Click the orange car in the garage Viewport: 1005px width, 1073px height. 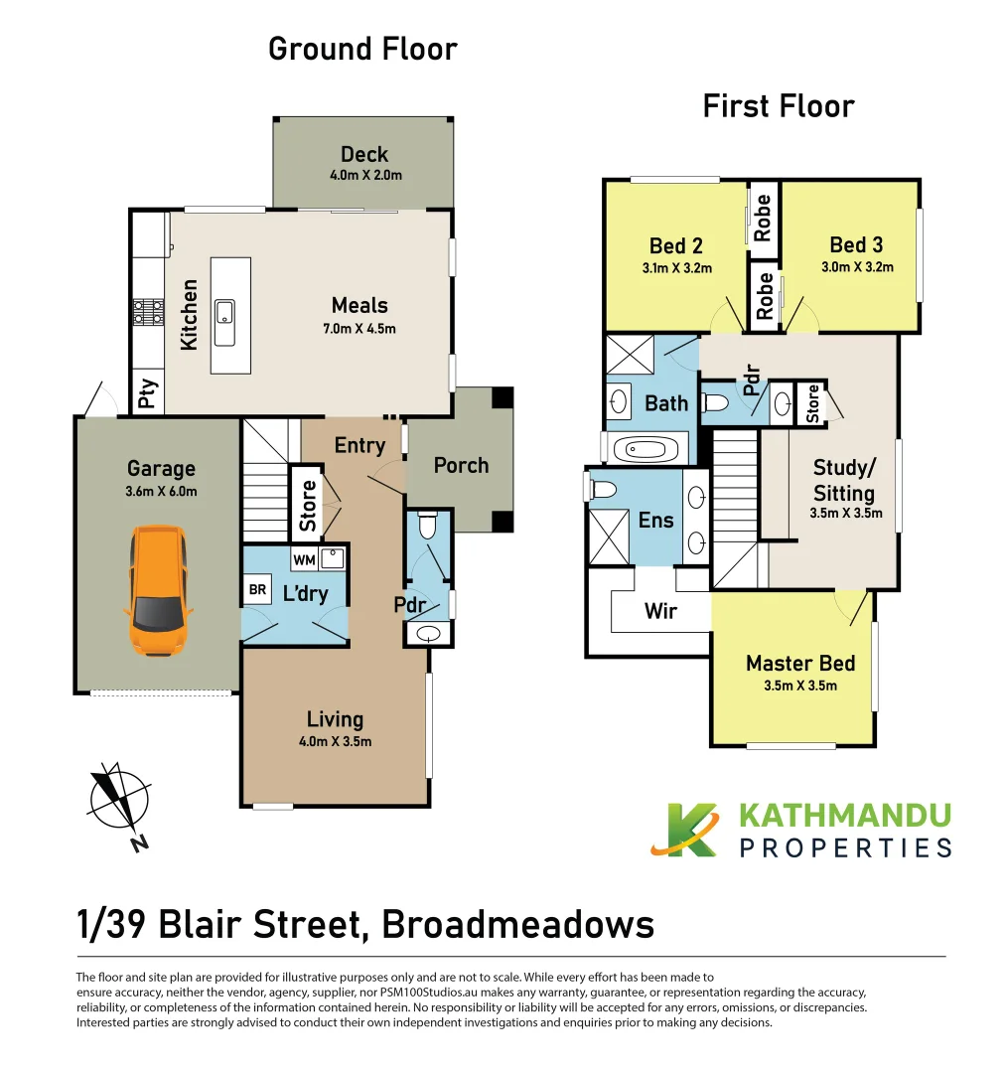(158, 590)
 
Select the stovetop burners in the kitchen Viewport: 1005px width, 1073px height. (148, 312)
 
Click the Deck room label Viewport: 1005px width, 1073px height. (364, 155)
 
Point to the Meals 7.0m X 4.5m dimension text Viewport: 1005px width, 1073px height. (359, 329)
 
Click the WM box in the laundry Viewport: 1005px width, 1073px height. (304, 559)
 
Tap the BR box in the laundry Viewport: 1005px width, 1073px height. (257, 589)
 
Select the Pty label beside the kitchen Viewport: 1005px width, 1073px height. (147, 393)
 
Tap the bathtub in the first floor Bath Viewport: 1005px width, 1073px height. (646, 450)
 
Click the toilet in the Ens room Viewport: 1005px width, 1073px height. (602, 489)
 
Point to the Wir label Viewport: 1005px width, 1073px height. (660, 611)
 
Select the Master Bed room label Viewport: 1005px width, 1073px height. (800, 663)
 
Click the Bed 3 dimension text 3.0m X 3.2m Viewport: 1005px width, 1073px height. (857, 267)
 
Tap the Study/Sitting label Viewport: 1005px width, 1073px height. (843, 481)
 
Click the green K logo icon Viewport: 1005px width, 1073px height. (684, 830)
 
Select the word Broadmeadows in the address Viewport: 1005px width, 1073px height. (518, 925)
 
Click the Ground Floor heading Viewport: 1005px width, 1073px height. (362, 50)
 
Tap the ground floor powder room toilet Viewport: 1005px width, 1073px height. (428, 524)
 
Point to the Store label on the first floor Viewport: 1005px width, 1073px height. (812, 403)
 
